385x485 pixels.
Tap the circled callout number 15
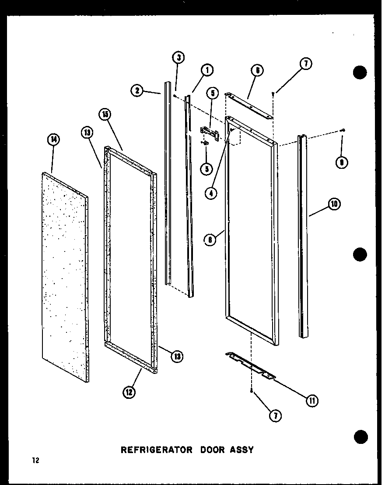pyautogui.click(x=105, y=115)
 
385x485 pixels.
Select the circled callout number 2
pyautogui.click(x=137, y=91)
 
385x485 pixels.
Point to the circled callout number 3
pyautogui.click(x=178, y=57)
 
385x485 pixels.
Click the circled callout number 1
pyautogui.click(x=207, y=70)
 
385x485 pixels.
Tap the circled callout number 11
pyautogui.click(x=312, y=401)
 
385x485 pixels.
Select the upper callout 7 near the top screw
pyautogui.click(x=305, y=64)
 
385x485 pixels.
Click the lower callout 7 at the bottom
pyautogui.click(x=274, y=416)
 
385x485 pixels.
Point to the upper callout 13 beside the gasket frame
pyautogui.click(x=86, y=133)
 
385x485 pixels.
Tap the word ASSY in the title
pyautogui.click(x=242, y=450)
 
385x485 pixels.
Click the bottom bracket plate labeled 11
pyautogui.click(x=249, y=364)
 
